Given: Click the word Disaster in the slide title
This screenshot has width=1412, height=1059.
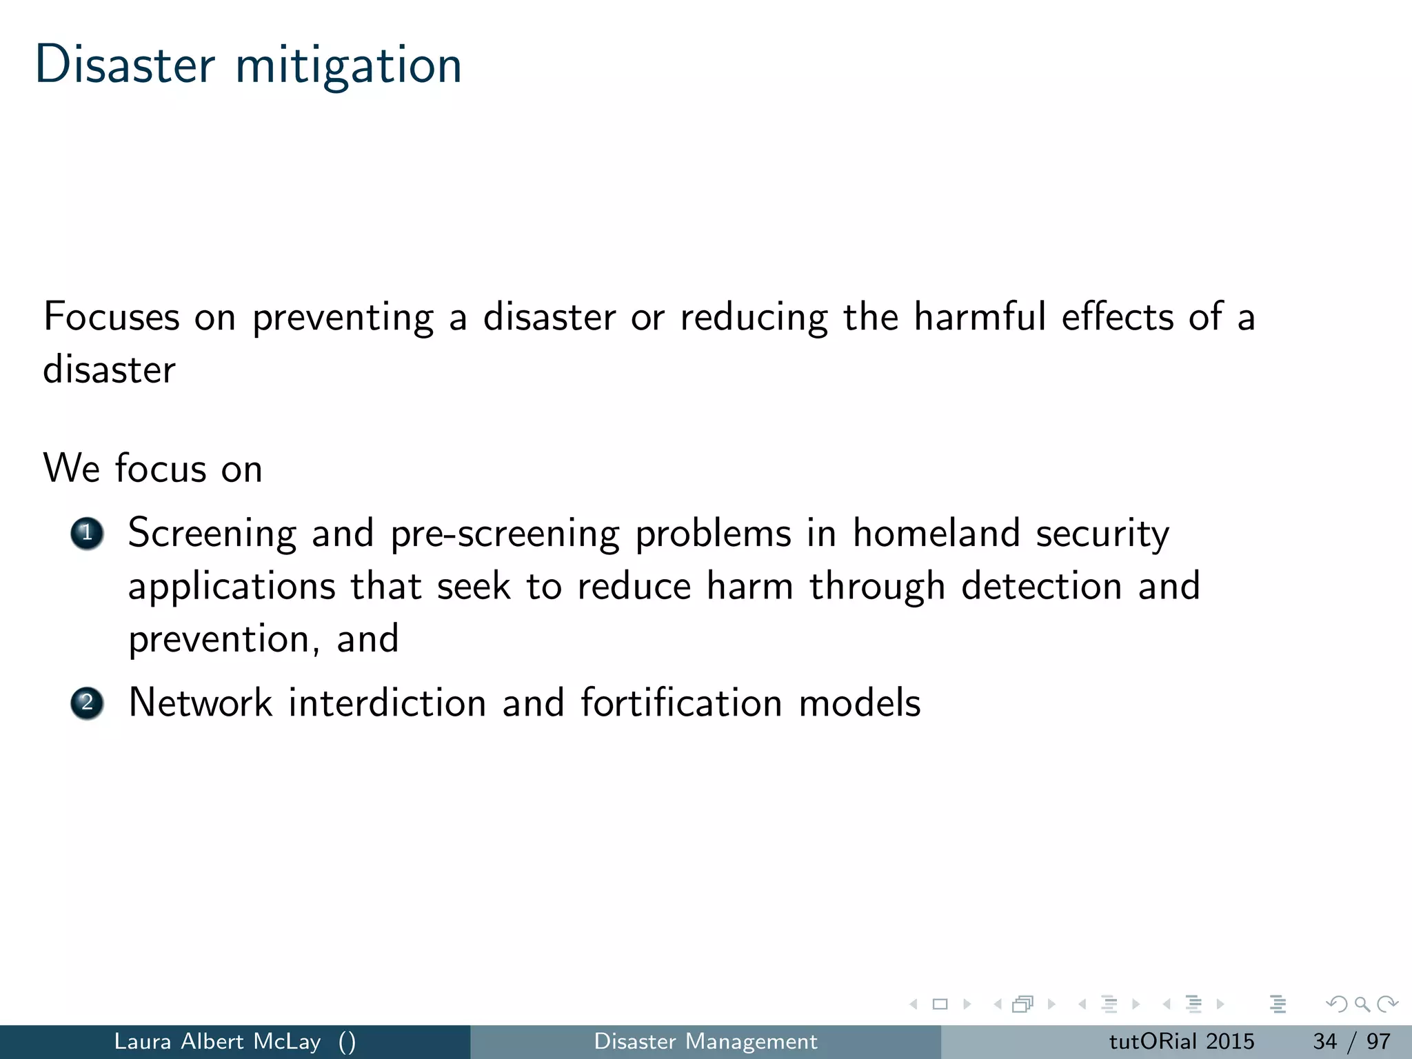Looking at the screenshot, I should point(125,65).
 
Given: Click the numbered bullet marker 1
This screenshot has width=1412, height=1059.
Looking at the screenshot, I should point(87,534).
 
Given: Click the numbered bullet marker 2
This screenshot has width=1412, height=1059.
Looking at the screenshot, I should point(87,703).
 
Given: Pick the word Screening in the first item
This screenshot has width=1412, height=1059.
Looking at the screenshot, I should point(212,535).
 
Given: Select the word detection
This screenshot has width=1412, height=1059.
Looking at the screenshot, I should point(1041,586).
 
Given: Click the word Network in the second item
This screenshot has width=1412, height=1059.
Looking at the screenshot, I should point(200,703).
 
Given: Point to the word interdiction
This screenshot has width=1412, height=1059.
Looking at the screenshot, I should point(387,703).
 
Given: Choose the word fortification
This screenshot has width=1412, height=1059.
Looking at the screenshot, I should point(681,703).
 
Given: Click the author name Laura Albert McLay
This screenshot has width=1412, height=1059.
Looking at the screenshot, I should point(217,1041).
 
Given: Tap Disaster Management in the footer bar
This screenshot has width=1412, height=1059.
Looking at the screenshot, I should point(705,1041).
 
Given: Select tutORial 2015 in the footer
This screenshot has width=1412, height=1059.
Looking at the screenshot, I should point(1181,1041).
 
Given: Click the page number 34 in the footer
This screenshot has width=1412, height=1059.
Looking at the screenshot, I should point(1324,1041).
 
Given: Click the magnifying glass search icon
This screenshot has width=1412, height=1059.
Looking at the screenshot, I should point(1362,1004).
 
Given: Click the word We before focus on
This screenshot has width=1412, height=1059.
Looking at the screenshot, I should point(71,469).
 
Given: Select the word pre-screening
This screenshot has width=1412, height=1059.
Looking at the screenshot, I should point(505,535).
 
